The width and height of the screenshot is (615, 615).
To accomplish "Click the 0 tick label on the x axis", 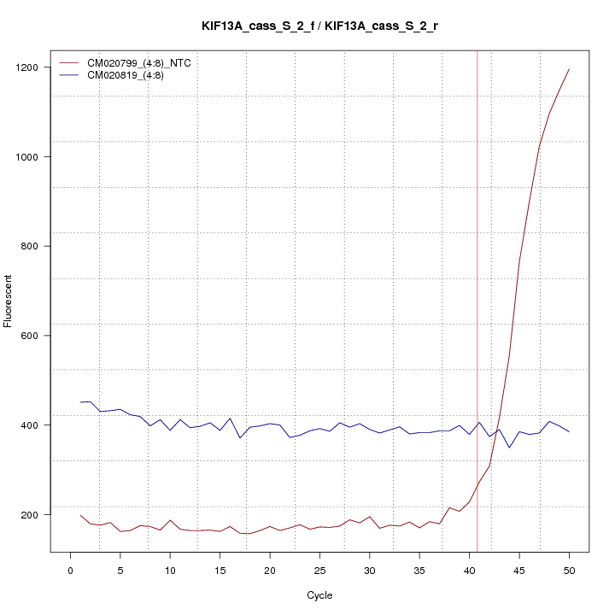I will [71, 571].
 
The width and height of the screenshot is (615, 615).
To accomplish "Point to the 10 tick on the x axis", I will [170, 571].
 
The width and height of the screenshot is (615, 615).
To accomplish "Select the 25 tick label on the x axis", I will [319, 571].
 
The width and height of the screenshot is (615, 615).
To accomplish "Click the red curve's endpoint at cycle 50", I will [569, 69].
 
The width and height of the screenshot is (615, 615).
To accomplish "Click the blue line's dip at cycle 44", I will [509, 448].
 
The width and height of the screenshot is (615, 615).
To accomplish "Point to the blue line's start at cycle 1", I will [81, 402].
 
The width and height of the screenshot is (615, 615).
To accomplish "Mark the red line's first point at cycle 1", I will [81, 515].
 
